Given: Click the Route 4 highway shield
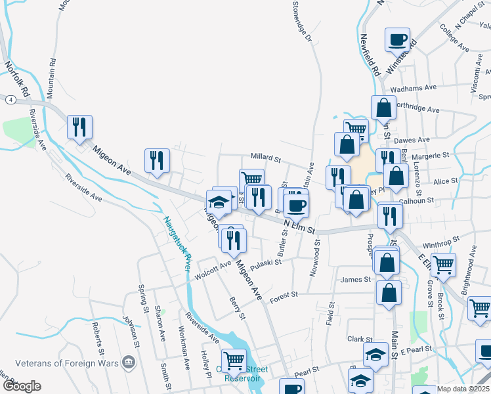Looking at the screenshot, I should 11,99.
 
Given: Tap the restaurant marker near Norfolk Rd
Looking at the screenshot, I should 79,127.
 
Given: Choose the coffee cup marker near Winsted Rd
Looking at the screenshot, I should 397,40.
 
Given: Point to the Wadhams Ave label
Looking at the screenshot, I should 414,87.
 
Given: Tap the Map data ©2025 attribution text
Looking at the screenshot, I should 463,389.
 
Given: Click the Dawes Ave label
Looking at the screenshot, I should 414,140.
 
